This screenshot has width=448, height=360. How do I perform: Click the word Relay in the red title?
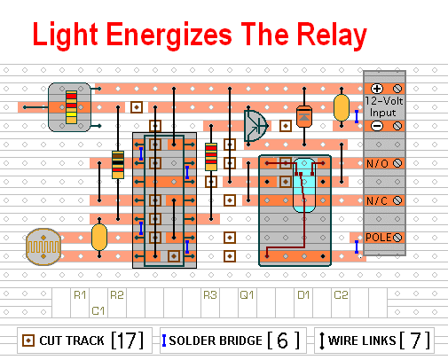tap(332, 35)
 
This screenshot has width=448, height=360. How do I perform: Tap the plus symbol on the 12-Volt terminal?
tap(377, 89)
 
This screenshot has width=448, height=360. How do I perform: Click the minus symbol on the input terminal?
tap(377, 126)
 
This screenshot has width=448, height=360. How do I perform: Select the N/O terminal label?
tap(377, 163)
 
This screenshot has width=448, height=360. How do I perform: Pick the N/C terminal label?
tap(377, 200)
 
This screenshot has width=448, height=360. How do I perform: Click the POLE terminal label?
tap(379, 238)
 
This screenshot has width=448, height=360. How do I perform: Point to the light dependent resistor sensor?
tap(43, 247)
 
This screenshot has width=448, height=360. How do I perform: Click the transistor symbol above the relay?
tap(255, 126)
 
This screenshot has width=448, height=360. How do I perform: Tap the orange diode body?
tap(304, 116)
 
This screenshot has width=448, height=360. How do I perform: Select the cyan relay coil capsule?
tap(304, 185)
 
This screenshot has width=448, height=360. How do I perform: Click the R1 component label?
tap(80, 295)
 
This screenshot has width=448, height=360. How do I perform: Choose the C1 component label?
tap(98, 311)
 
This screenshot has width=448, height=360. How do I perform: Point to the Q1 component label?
tap(247, 295)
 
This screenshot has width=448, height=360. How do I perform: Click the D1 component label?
tap(303, 295)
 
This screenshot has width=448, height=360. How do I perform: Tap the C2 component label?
tap(341, 295)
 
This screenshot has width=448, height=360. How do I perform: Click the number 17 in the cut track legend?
tap(128, 340)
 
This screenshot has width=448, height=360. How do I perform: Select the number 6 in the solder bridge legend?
tap(282, 340)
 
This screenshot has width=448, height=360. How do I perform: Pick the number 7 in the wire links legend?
tap(415, 340)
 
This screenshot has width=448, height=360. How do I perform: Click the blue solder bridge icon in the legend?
tap(164, 340)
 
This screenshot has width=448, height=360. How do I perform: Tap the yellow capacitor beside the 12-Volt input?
tap(342, 107)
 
